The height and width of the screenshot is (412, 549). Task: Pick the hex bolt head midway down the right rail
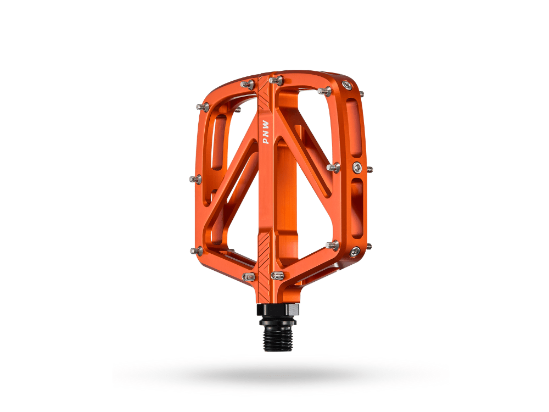pyautogui.click(x=357, y=166)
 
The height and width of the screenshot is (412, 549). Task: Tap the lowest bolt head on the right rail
pyautogui.click(x=355, y=251)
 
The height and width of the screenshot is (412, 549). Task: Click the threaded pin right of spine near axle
pyautogui.click(x=277, y=275)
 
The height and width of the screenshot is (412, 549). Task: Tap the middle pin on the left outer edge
pyautogui.click(x=195, y=179)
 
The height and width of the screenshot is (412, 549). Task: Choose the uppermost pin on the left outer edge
pyautogui.click(x=203, y=107)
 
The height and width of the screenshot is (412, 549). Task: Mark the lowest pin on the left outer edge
pyautogui.click(x=196, y=251)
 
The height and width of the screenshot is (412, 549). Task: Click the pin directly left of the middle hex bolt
pyautogui.click(x=333, y=167)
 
